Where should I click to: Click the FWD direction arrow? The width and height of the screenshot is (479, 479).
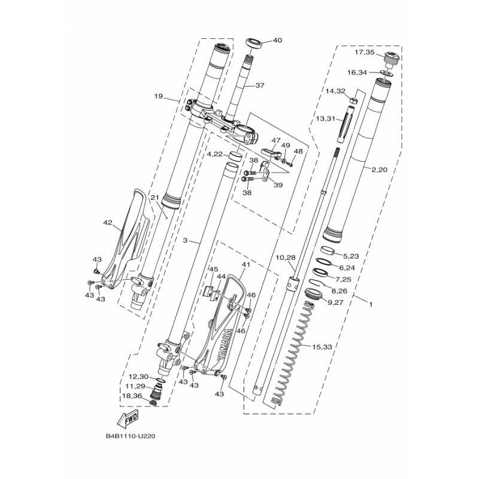tap(128, 419)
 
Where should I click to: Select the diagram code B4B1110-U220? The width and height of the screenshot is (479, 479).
tap(131, 436)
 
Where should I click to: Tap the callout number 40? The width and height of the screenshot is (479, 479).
tap(277, 40)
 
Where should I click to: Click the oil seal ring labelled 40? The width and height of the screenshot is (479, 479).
tap(253, 43)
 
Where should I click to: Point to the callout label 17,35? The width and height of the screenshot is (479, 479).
tap(365, 52)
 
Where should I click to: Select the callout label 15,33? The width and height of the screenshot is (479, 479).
tap(322, 347)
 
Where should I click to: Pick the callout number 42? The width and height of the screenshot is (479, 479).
tap(108, 223)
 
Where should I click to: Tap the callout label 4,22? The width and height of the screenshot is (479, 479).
tap(215, 154)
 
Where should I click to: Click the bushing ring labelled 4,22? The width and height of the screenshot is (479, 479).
tap(235, 156)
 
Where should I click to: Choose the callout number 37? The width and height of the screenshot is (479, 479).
tap(260, 86)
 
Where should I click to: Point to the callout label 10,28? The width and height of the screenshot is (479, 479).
tap(286, 257)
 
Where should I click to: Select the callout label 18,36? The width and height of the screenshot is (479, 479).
tap(132, 396)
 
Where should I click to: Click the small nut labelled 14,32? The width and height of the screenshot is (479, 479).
tap(352, 101)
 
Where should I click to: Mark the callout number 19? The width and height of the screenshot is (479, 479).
tap(158, 96)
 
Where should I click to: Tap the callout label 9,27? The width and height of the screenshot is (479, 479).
tap(335, 302)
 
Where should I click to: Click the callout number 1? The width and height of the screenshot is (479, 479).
tap(371, 305)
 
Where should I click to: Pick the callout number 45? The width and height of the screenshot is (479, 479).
tap(214, 269)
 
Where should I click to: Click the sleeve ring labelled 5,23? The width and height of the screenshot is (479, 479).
tap(328, 250)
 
